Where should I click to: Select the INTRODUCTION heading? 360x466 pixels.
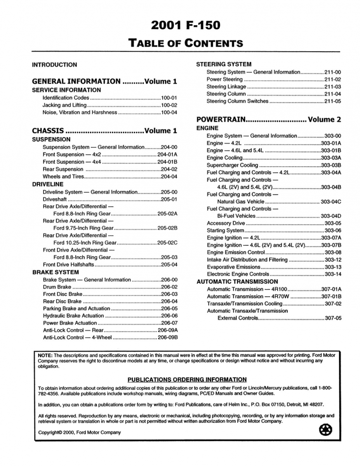(x=54, y=65)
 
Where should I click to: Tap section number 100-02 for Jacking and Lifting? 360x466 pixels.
(x=169, y=105)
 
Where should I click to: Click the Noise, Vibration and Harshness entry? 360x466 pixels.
(x=80, y=113)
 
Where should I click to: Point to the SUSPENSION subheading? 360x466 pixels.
(x=51, y=139)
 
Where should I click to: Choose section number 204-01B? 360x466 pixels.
(x=167, y=162)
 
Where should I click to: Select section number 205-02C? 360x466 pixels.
(x=167, y=243)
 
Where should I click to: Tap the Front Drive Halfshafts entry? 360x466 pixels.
(x=68, y=265)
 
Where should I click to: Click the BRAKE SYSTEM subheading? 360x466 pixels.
(x=56, y=272)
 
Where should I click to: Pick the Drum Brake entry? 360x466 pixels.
(x=57, y=287)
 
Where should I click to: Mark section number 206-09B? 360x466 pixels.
(x=167, y=337)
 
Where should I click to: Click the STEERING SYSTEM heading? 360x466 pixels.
(x=224, y=64)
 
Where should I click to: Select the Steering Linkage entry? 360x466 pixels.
(x=226, y=87)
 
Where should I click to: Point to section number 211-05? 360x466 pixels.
(x=332, y=101)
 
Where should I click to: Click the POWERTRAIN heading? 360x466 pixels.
(x=221, y=120)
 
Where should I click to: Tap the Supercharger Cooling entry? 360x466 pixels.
(x=232, y=165)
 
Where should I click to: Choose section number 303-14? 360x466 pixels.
(x=333, y=274)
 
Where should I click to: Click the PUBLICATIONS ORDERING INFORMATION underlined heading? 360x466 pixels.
(x=187, y=379)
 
